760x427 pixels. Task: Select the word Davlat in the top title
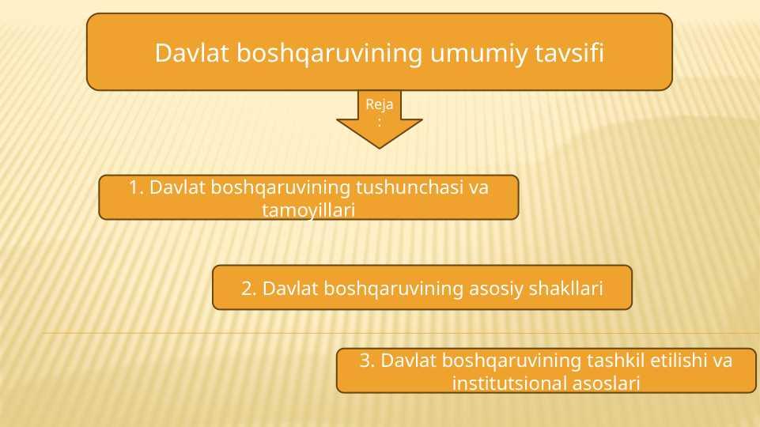coord(191,52)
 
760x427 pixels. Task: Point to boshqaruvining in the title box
coord(329,53)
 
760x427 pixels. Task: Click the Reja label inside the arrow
coord(379,104)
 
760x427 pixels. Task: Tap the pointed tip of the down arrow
coord(380,148)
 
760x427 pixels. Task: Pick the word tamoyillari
coord(308,210)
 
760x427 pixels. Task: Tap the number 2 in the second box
coord(248,289)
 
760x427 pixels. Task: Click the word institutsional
coord(509,383)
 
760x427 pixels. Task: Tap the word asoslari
coord(607,383)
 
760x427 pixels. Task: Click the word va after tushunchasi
coord(478,188)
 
